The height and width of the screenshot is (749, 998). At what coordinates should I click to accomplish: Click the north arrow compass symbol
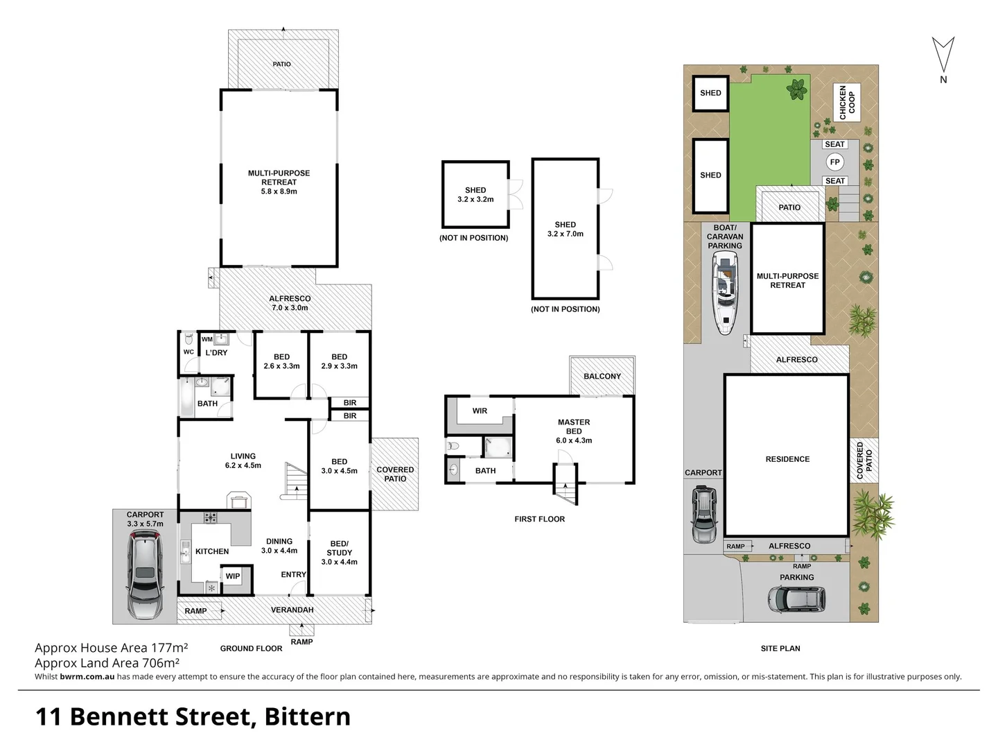[x=943, y=55]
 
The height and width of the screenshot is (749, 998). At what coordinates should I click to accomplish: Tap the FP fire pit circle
[x=834, y=162]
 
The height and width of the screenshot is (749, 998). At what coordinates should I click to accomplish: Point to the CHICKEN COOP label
[x=847, y=103]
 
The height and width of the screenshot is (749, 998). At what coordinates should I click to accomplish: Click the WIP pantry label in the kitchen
[x=233, y=576]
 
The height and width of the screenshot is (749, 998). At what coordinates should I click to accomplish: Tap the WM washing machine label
[x=207, y=340]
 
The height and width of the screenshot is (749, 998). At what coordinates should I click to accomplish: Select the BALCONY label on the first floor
[x=602, y=377]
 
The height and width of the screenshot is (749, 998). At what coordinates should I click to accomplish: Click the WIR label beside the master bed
[x=480, y=411]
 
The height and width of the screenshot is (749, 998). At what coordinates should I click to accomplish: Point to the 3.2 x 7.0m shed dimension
[x=566, y=234]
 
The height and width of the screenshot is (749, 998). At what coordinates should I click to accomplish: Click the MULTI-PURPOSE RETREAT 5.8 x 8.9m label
[x=279, y=182]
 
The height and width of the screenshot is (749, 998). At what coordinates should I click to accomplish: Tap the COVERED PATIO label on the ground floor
[x=395, y=474]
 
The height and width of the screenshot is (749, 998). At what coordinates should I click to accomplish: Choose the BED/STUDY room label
[x=340, y=553]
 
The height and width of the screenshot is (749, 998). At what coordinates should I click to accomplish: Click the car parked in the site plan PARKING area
[x=796, y=599]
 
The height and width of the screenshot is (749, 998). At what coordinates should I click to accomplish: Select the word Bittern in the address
[x=307, y=716]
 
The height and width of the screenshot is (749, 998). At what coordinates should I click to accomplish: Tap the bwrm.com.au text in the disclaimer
[x=87, y=677]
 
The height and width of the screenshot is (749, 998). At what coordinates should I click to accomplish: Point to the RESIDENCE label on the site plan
[x=787, y=459]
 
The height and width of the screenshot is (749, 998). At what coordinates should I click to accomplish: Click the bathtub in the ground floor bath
[x=187, y=397]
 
